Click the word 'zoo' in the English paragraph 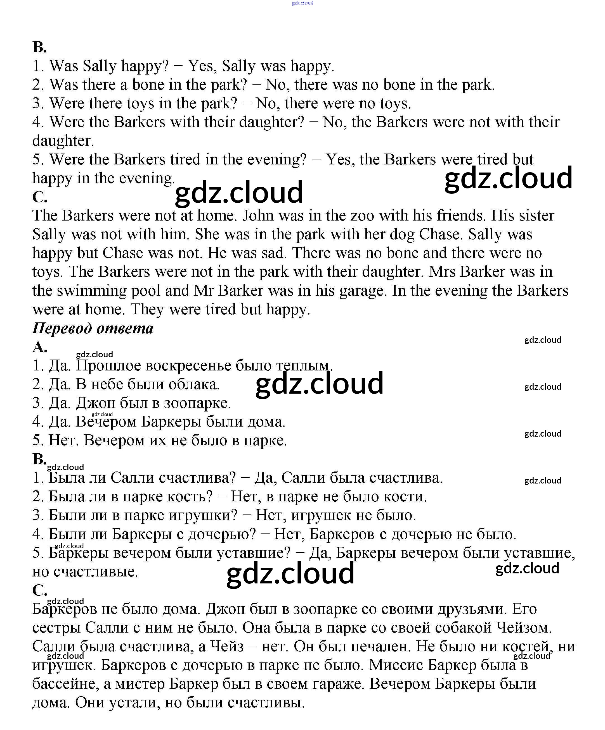362,216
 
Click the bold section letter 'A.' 39,347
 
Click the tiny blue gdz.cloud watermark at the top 302,3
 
